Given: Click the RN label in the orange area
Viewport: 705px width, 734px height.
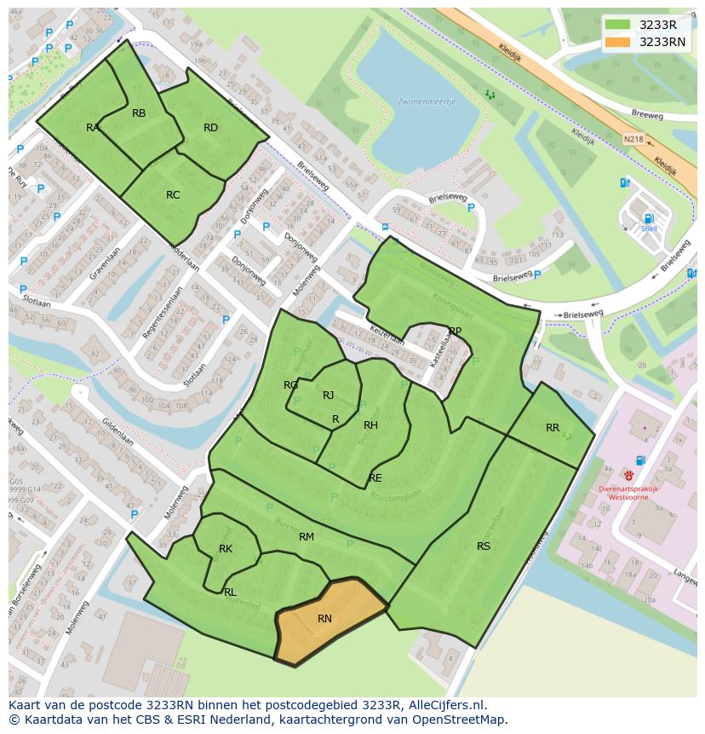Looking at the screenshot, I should click(324, 619).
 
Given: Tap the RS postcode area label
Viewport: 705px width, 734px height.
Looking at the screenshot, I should click(484, 546).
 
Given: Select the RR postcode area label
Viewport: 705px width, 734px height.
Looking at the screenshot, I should click(553, 428).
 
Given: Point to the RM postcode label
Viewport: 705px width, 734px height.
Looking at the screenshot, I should click(307, 537).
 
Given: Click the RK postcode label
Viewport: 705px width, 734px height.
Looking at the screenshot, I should click(226, 549).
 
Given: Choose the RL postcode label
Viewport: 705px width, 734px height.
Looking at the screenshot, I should click(230, 592).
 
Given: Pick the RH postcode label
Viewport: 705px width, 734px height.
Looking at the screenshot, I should click(370, 425).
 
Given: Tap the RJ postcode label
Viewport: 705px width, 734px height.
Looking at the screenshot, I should click(328, 396).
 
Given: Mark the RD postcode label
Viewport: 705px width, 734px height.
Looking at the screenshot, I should click(210, 128).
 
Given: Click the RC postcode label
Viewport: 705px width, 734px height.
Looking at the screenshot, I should click(173, 195).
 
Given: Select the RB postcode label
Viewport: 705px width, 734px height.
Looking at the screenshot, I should click(139, 113).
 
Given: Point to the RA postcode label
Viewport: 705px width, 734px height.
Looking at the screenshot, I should click(93, 128).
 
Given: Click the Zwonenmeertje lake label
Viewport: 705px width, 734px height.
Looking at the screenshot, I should click(427, 101).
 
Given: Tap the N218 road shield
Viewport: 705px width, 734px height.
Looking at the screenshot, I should click(633, 139).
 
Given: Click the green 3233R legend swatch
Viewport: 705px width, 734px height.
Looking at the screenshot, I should click(617, 25).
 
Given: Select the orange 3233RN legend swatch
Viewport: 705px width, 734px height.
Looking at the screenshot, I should click(617, 42).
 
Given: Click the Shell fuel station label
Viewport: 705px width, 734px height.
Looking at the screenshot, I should click(650, 228).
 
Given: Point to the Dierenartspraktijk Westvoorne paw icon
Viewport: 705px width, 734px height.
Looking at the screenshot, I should click(628, 476).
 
